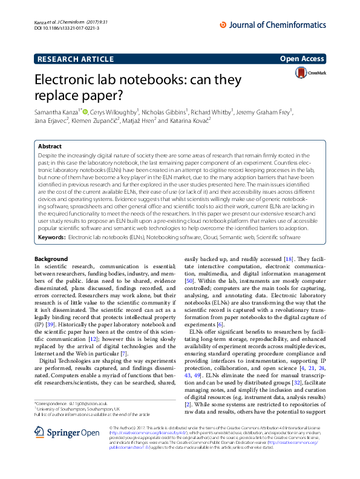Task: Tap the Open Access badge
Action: pos(303,59)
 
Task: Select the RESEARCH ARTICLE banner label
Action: pos(76,59)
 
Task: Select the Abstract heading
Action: pos(50,147)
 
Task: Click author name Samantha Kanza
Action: pos(62,111)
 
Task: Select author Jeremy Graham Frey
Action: pos(257,111)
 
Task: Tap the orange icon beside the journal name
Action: pos(223,24)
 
